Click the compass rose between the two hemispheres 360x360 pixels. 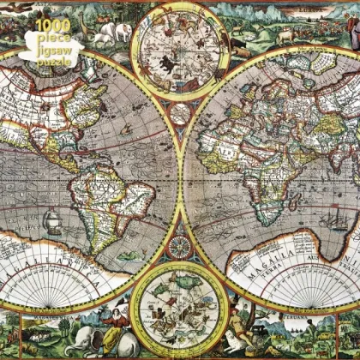point(180,248)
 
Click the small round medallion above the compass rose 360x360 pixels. point(180,114)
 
